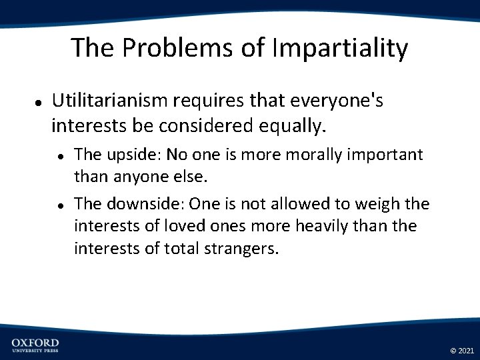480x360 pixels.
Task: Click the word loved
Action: click(162, 226)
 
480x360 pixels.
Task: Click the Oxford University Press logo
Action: click(35, 345)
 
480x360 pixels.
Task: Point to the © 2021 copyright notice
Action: click(462, 350)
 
